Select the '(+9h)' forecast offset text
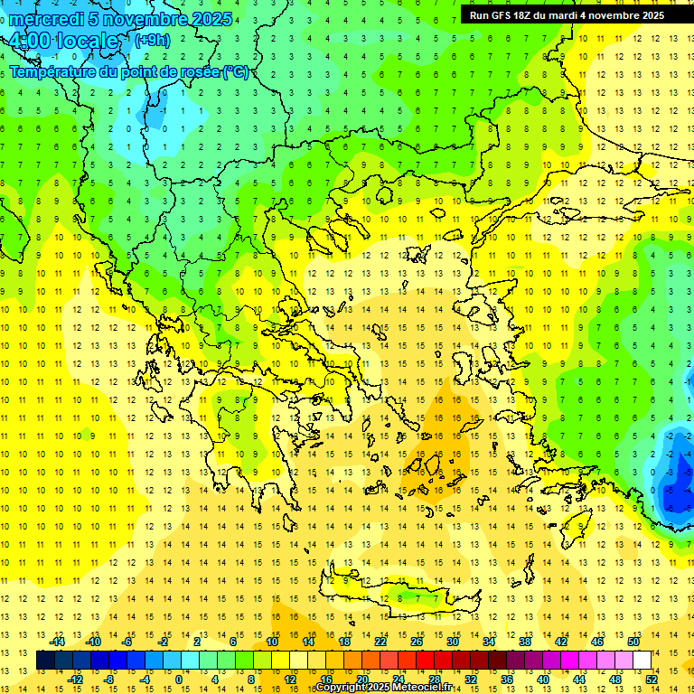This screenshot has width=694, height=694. tap(151, 40)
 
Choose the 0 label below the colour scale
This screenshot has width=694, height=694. tap(178, 679)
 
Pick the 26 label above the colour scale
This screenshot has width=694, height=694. tap(417, 642)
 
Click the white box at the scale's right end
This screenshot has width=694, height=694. tap(642, 661)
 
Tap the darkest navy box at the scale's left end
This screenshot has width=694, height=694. tap(45, 661)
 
